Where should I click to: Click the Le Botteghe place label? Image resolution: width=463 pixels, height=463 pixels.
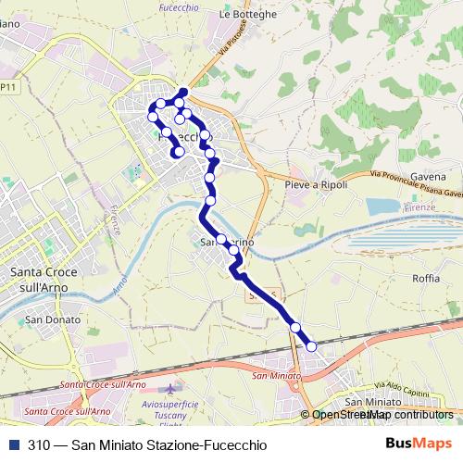tap(248, 15)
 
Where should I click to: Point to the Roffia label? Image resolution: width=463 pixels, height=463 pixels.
tap(426, 277)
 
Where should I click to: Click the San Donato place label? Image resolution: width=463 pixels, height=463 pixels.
tap(46, 319)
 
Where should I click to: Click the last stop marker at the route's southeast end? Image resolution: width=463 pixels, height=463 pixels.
tap(311, 345)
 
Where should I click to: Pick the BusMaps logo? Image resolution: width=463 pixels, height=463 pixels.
tap(419, 444)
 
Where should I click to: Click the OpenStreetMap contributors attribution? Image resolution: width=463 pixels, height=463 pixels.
tap(382, 415)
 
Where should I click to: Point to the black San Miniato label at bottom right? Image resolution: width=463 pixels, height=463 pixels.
tap(372, 403)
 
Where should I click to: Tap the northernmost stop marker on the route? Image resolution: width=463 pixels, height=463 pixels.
tap(183, 92)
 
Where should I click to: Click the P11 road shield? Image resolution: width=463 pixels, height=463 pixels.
tap(8, 86)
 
